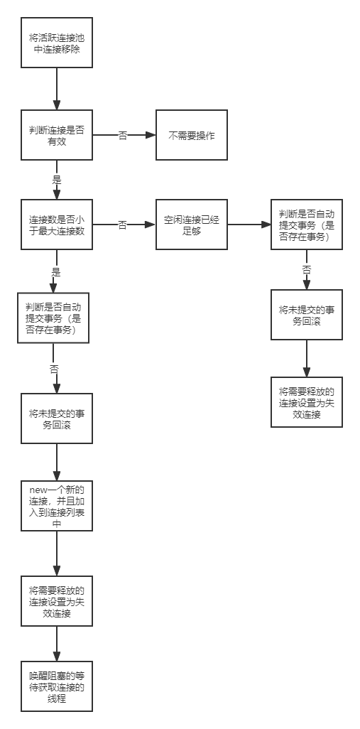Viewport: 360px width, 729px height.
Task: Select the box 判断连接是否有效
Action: pyautogui.click(x=57, y=134)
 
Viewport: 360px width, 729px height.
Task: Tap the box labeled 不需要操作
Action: pyautogui.click(x=192, y=134)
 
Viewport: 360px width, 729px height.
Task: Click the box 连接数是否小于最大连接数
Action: pyautogui.click(x=57, y=225)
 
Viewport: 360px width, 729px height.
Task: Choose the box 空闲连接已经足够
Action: pyautogui.click(x=192, y=225)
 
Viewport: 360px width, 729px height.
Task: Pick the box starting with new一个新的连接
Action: pyautogui.click(x=57, y=505)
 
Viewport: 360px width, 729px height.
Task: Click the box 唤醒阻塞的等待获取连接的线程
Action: pyautogui.click(x=57, y=686)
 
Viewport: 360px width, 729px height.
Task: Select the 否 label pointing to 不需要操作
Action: pyautogui.click(x=123, y=135)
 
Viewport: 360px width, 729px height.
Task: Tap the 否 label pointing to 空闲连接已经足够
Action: pyautogui.click(x=123, y=225)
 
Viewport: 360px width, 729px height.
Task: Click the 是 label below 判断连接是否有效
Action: pyautogui.click(x=57, y=178)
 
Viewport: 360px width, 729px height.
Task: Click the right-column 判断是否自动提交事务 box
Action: pyautogui.click(x=307, y=225)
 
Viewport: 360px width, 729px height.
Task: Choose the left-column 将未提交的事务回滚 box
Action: pyautogui.click(x=57, y=418)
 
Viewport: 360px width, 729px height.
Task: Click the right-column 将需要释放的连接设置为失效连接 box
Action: pyautogui.click(x=307, y=402)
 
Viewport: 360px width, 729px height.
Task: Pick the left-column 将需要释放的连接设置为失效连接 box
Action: pyautogui.click(x=57, y=600)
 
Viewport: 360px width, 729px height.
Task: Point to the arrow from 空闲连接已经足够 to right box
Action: pyautogui.click(x=249, y=225)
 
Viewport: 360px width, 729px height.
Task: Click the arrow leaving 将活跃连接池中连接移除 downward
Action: pyautogui.click(x=57, y=89)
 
